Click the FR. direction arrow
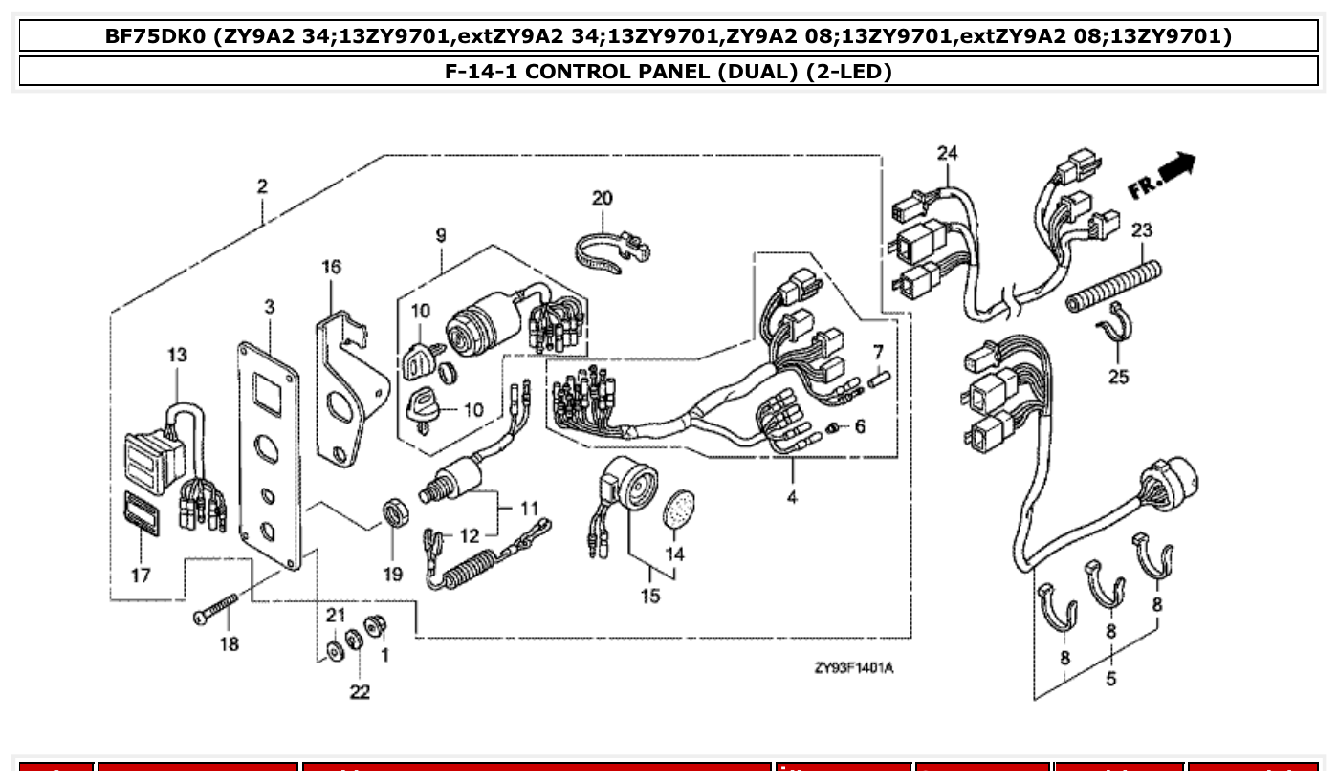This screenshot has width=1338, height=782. pos(1162,177)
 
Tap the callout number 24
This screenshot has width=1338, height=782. pos(947,153)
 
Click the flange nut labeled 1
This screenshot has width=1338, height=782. pos(375,624)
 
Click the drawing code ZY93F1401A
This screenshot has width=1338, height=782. pos(853,668)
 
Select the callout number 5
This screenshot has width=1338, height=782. pos(1111,680)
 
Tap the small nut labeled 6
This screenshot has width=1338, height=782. pos(834,425)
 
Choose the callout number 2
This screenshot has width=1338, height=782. pos(262,186)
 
